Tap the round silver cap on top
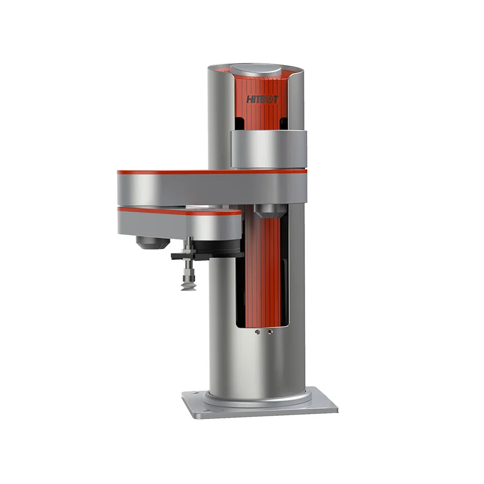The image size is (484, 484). tap(255, 71)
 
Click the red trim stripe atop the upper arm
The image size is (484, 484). tap(210, 172)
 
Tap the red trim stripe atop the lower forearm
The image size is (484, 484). tap(177, 211)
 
